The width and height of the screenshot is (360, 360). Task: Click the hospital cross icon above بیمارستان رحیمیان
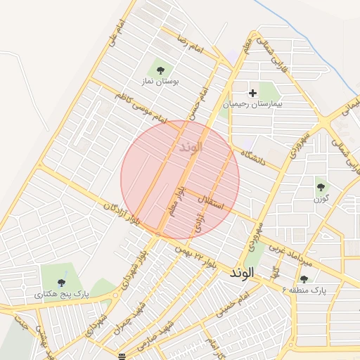coord(252,92)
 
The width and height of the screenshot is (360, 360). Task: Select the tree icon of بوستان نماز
coord(161,70)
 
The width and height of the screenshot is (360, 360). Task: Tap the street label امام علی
coord(117,34)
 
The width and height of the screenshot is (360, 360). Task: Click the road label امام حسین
coord(204,102)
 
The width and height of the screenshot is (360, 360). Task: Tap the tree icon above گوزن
coord(321,187)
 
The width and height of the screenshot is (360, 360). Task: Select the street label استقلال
coord(211,204)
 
